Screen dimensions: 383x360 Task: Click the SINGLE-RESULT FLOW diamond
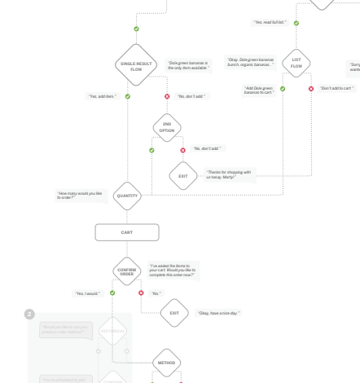tap(136, 66)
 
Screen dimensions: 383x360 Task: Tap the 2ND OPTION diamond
tap(167, 128)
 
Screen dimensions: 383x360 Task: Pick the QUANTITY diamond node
tap(130, 196)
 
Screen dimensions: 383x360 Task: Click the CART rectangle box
tap(127, 233)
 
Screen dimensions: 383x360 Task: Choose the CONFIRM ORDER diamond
tap(126, 270)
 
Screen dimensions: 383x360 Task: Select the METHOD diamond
tap(166, 362)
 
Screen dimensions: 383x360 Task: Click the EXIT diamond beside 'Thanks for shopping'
tap(183, 174)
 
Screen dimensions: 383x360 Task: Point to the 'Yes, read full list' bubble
tap(270, 22)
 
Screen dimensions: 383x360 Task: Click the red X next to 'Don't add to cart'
tap(311, 88)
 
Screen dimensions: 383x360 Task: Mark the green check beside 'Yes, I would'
tap(112, 292)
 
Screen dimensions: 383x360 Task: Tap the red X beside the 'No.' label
tap(142, 293)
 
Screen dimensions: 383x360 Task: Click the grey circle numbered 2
tap(30, 314)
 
